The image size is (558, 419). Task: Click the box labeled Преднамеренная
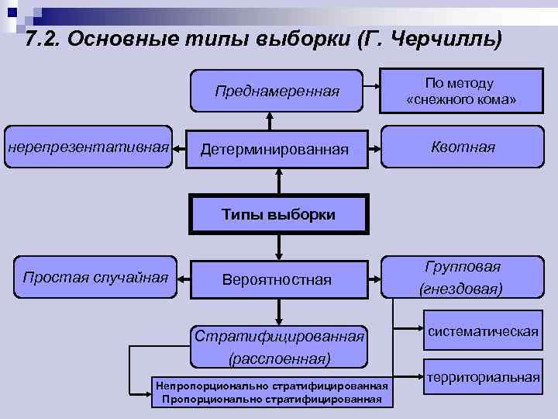click(277, 92)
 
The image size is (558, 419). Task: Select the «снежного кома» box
click(460, 92)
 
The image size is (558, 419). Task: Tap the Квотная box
click(463, 147)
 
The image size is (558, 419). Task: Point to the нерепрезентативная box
click(88, 145)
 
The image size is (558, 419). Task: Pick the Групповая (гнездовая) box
click(462, 277)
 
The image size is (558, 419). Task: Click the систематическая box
click(481, 331)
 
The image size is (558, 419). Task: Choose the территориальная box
click(483, 377)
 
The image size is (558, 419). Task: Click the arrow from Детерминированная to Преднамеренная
click(269, 119)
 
